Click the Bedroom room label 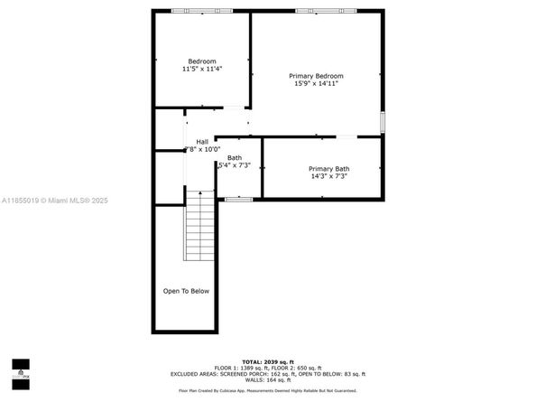[202, 61]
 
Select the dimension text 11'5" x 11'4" [202, 69]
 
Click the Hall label [202, 142]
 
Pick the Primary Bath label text [328, 169]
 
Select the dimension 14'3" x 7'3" [328, 177]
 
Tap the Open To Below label [186, 291]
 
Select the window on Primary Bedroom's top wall [319, 11]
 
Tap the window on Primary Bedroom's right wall [383, 121]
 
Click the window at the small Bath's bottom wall [238, 199]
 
